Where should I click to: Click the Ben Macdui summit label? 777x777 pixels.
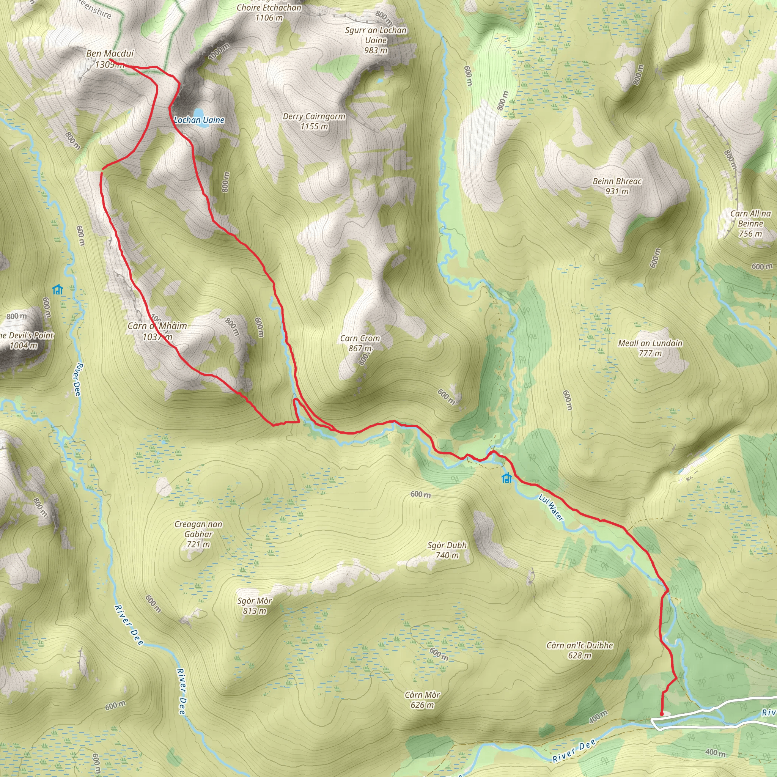[110, 54]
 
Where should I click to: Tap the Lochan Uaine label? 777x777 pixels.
[199, 120]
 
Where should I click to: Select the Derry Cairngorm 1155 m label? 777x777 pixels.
[314, 121]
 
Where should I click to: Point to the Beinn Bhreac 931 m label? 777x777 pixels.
[617, 186]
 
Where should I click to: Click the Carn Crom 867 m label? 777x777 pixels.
[360, 343]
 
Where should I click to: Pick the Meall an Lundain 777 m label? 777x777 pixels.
[650, 348]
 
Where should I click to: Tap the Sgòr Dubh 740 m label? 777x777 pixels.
[447, 550]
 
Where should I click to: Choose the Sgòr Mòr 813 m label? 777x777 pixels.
[255, 606]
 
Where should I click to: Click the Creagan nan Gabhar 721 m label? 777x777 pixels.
[198, 534]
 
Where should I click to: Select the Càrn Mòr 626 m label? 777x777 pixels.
[422, 700]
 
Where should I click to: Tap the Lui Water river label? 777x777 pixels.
[551, 508]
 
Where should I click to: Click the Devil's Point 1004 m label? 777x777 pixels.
[27, 340]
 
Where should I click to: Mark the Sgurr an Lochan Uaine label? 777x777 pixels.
[376, 40]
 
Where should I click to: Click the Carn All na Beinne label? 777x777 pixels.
[750, 223]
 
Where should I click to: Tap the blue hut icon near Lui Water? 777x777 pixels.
[507, 478]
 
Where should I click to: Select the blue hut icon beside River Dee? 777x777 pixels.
[58, 289]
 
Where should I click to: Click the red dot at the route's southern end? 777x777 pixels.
[662, 714]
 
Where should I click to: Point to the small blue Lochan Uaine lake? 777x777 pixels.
[198, 112]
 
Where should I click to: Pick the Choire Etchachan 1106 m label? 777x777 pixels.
[269, 12]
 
